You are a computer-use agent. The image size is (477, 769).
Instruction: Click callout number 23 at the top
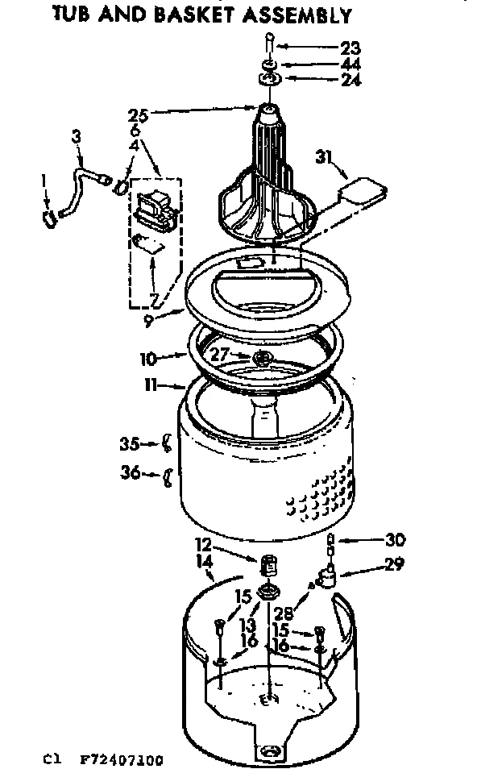click(350, 48)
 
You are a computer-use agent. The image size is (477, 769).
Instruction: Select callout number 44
click(350, 64)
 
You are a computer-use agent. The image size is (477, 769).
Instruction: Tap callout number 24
click(350, 80)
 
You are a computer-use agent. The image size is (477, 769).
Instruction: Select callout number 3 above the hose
click(76, 138)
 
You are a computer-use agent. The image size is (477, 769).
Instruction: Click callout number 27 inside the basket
click(220, 352)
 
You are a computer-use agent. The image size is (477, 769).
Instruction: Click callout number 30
click(372, 540)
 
